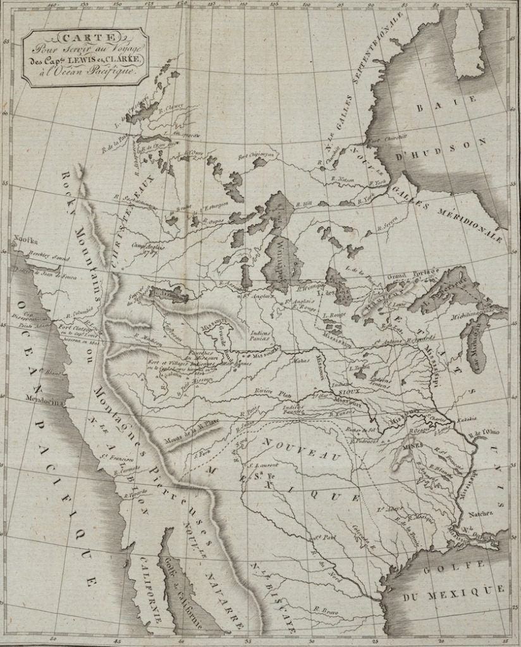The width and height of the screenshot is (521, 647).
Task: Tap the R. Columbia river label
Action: click(84, 310)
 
